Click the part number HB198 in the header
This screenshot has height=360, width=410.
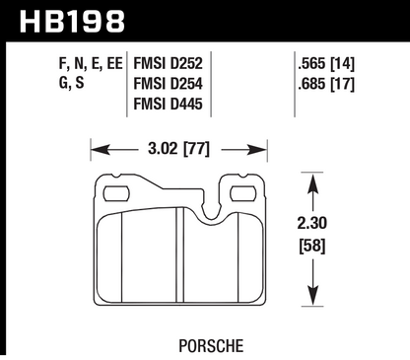click(x=67, y=19)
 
